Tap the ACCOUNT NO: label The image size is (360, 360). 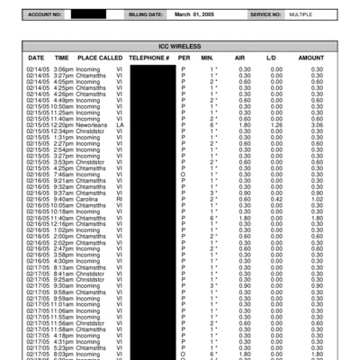(45, 15)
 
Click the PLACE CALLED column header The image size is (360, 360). (100, 57)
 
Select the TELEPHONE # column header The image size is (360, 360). (148, 57)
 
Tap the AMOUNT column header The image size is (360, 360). (311, 57)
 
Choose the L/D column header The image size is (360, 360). (272, 57)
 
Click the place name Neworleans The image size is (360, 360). (94, 124)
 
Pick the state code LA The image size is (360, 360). (120, 124)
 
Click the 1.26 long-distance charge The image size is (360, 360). (272, 124)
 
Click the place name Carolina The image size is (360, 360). (91, 199)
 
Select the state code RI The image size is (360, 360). (119, 199)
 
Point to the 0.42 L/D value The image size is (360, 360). (272, 199)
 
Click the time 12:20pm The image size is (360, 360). (62, 124)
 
